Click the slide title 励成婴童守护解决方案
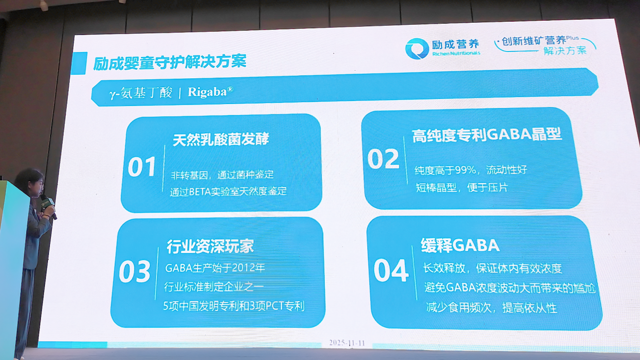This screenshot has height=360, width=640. click(x=170, y=63)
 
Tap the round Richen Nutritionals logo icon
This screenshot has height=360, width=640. click(x=417, y=48)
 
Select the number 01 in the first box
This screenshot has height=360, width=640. click(x=142, y=167)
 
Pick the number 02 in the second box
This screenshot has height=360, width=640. click(x=383, y=159)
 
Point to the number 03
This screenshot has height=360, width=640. click(x=134, y=272)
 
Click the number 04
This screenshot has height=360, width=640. click(x=391, y=271)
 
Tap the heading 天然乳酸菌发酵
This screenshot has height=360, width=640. click(x=221, y=139)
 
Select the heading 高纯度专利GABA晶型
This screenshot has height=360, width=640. click(x=486, y=135)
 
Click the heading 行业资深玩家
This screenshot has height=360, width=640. click(x=210, y=246)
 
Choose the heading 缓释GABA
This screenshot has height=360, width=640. click(x=460, y=245)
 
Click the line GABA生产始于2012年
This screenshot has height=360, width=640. click(x=215, y=268)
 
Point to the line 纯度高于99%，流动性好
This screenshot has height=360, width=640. click(x=471, y=170)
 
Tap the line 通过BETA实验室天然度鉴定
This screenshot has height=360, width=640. click(x=228, y=191)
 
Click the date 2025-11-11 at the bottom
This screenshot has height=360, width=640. click(x=347, y=342)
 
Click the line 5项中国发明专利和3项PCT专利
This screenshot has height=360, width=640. click(x=234, y=306)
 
